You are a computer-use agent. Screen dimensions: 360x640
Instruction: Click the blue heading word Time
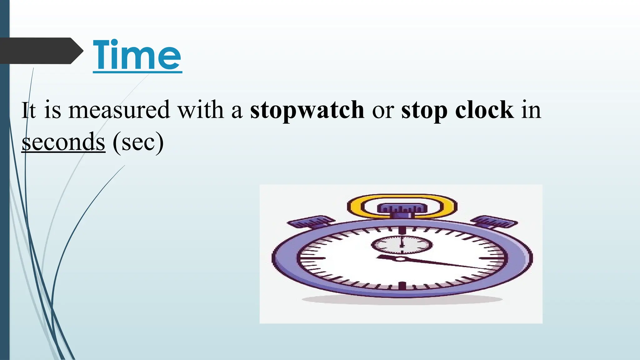pos(137,56)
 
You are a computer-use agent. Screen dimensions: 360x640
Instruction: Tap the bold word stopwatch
pos(307,110)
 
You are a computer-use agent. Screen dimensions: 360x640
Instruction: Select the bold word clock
pos(484,110)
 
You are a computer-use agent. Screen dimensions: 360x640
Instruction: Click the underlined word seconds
pos(63,142)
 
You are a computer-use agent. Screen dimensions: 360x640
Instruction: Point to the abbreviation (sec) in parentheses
pos(138,142)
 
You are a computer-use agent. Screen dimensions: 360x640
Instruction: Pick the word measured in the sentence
pos(119,110)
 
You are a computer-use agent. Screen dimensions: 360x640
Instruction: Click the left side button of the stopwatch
pos(309,222)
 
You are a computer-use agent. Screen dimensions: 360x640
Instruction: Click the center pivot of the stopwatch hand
pos(400,259)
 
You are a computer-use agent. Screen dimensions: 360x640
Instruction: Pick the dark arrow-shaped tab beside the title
pos(41,51)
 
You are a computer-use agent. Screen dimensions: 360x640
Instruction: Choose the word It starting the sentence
pos(28,110)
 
